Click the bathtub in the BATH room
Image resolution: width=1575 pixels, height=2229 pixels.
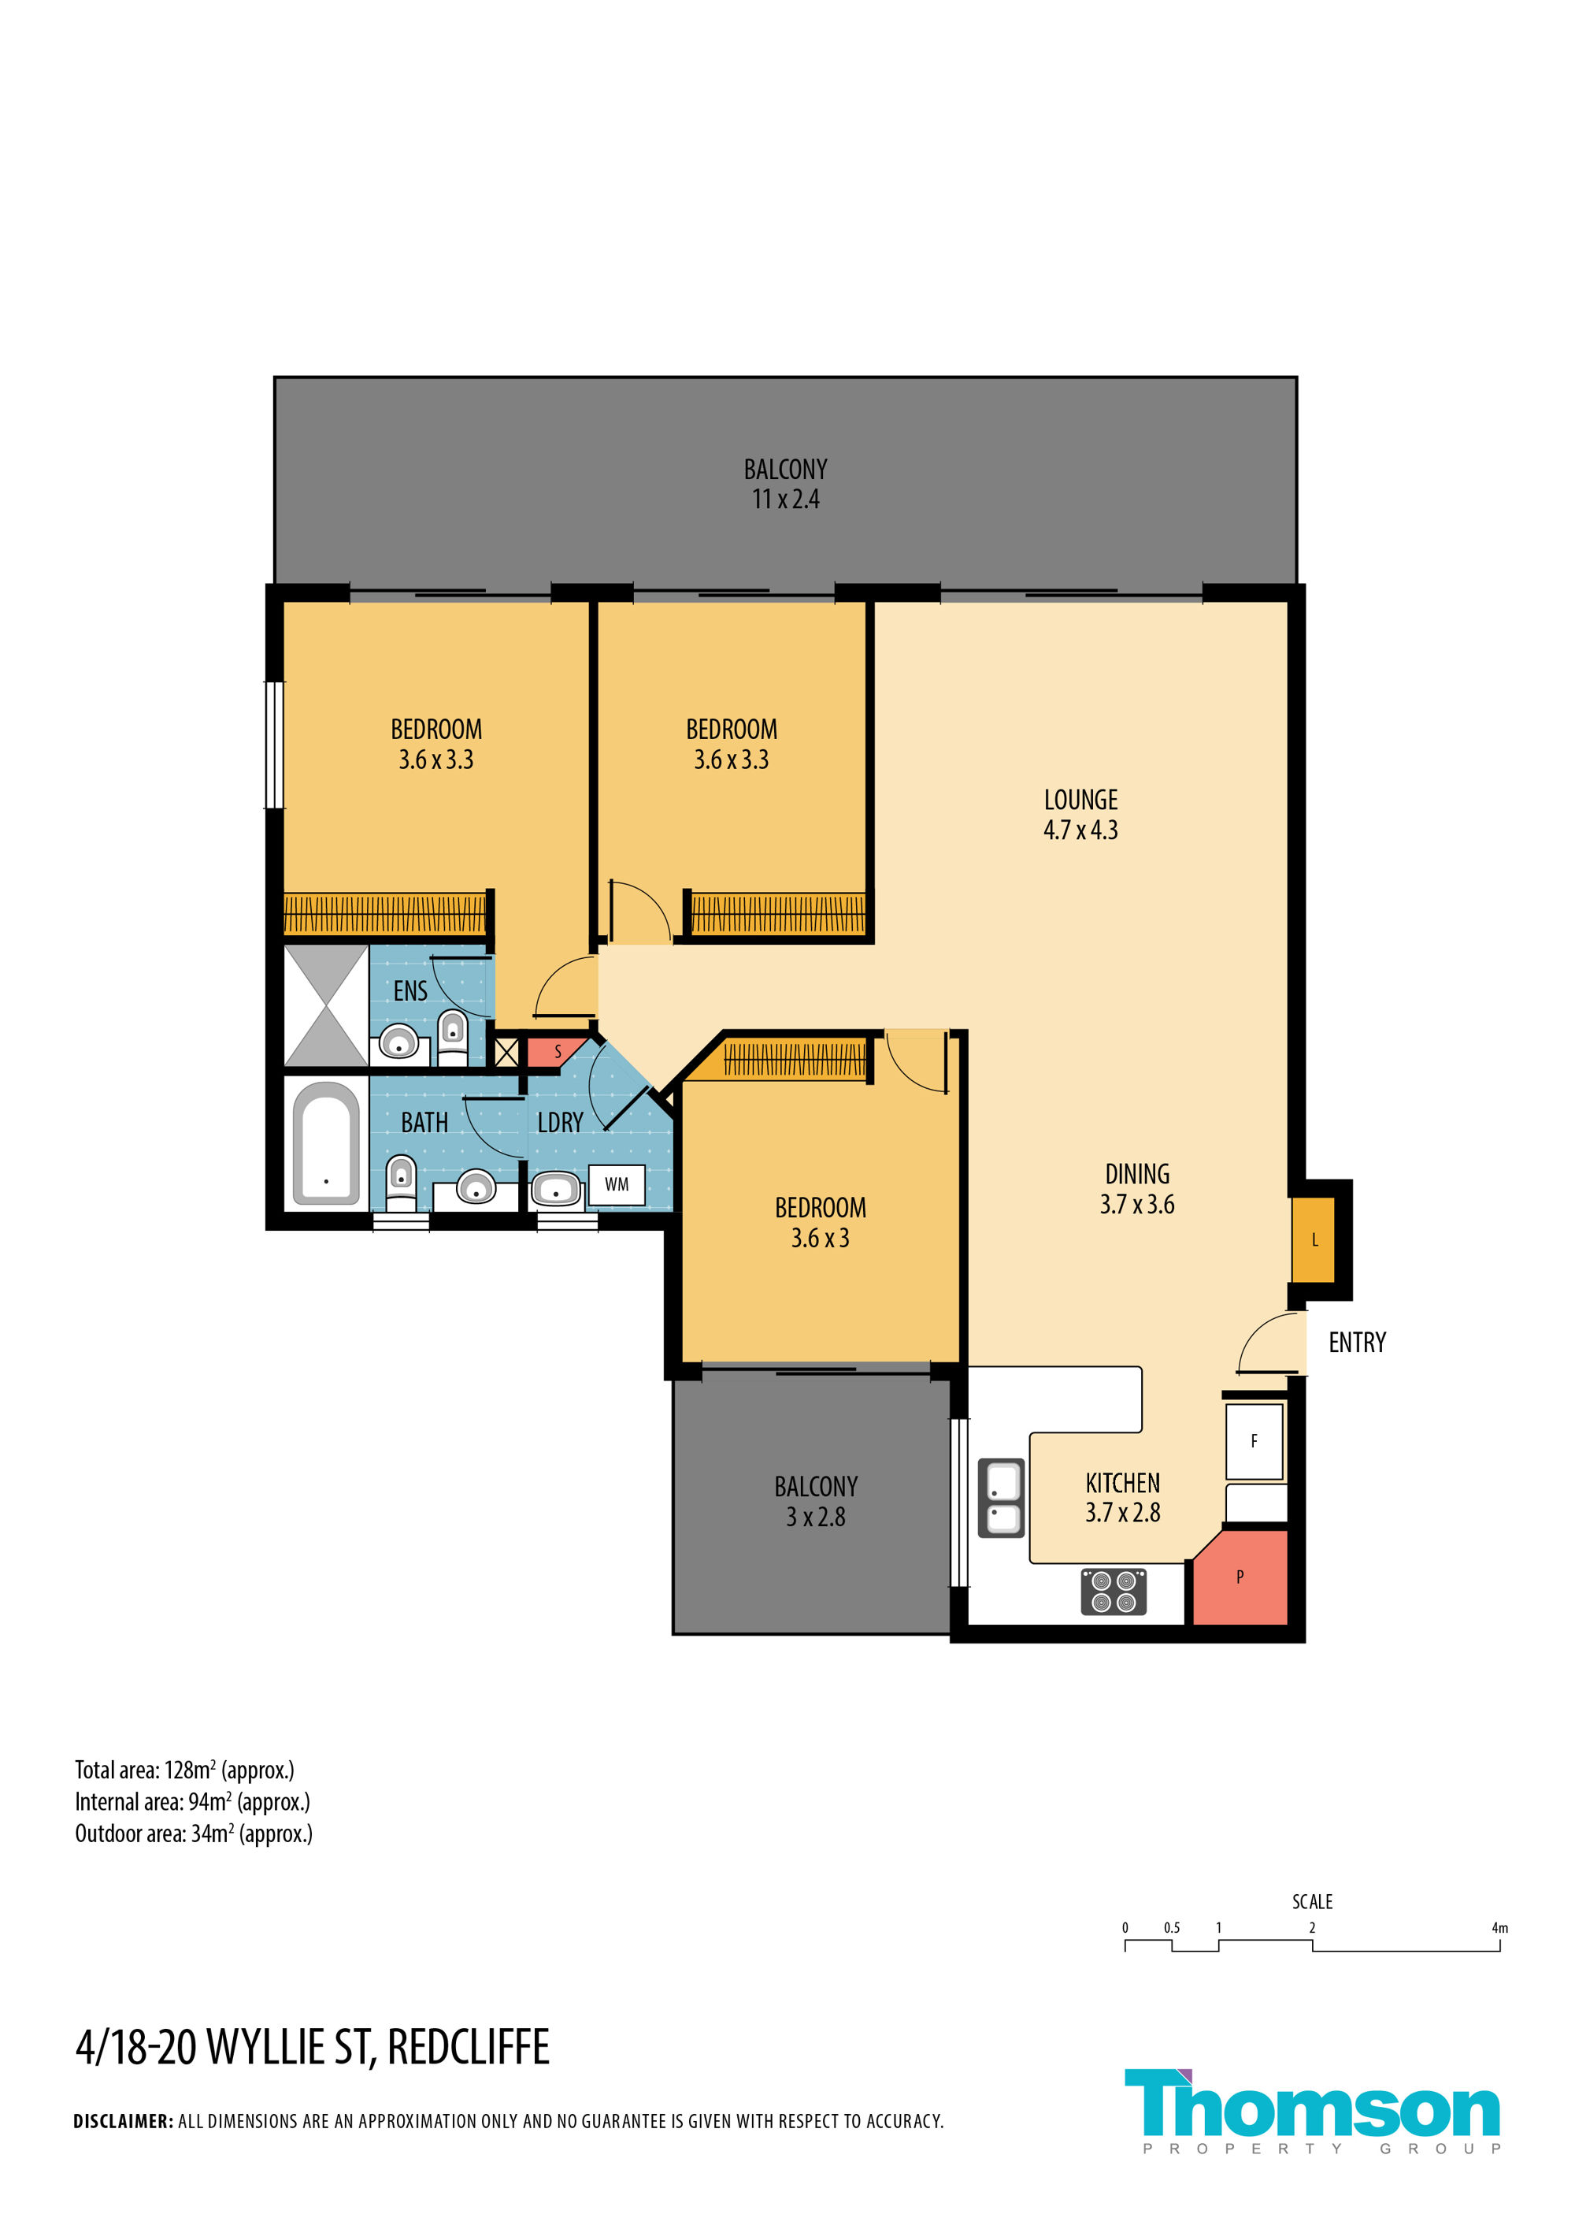[326, 1143]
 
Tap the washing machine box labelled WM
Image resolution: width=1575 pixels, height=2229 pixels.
[617, 1184]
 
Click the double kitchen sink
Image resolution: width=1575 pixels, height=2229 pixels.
[1000, 1497]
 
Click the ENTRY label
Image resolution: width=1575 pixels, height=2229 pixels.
[1357, 1343]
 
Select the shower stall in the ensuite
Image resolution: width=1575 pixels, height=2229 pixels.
[326, 1005]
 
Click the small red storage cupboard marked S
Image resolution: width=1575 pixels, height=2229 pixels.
[555, 1051]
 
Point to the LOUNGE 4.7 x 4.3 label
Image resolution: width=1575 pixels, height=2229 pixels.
[1080, 815]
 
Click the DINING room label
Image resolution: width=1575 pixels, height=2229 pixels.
[1137, 1174]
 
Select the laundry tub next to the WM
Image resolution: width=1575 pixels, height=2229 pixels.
[556, 1187]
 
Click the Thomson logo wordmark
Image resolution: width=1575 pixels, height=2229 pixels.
[1312, 2104]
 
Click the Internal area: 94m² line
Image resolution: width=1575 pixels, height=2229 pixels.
[192, 1802]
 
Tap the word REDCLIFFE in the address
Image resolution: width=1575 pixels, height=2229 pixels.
[468, 2048]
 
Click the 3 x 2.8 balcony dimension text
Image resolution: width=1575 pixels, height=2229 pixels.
[815, 1517]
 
